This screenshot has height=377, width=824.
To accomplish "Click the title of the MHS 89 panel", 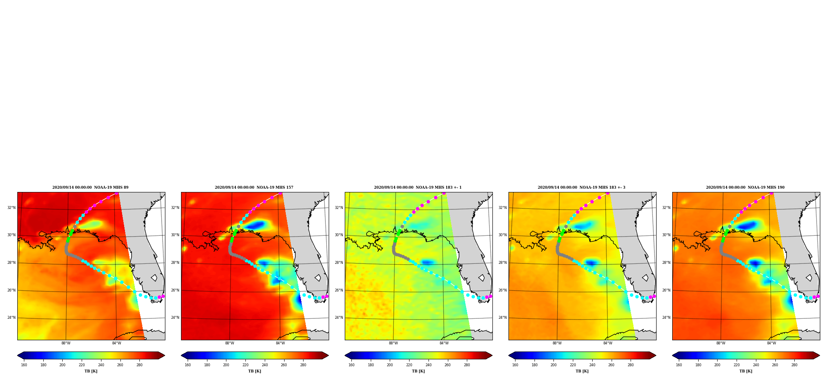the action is point(90,187).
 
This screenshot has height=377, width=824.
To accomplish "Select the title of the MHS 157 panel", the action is point(254,187).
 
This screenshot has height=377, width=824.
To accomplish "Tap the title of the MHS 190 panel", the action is point(745,187).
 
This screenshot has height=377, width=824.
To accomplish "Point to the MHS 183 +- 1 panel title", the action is point(418,187).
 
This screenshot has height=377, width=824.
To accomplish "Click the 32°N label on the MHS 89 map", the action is point(11,208).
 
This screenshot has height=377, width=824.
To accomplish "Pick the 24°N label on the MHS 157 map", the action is point(175,318).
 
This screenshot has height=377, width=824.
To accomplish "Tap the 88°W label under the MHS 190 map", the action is point(721,343).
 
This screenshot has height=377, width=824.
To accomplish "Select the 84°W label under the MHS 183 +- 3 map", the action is point(608,343).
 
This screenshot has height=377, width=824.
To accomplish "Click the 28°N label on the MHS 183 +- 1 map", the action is point(339,263).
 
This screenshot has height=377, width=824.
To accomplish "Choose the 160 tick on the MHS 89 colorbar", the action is point(24,365).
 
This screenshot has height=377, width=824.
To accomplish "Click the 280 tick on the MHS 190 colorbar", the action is point(794,365).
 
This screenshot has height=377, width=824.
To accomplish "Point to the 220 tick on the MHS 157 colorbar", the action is point(245,365).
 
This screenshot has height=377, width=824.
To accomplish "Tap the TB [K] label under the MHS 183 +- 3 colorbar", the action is point(582,371).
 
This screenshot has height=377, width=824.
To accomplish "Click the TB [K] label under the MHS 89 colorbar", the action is point(91,371).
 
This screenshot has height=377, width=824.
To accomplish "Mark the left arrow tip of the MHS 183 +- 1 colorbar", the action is point(345,356).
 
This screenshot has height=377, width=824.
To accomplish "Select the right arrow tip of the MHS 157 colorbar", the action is point(329,356).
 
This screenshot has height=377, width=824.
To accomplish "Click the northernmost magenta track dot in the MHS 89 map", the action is point(117,193).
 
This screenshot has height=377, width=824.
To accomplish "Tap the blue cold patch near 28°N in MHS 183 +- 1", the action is point(427,262).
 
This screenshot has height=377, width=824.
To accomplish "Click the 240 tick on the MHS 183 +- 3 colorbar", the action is point(592,365).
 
